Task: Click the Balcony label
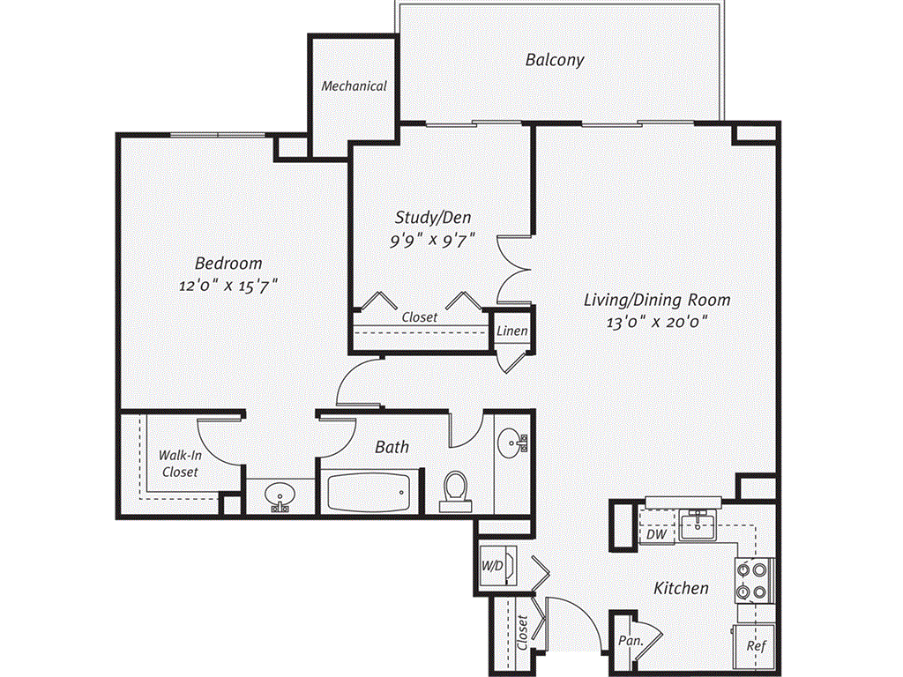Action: point(555,60)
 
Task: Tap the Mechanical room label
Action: point(354,86)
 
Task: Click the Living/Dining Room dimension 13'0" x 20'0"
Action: point(657,323)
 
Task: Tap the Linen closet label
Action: point(511,331)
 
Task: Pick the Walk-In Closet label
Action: point(178,464)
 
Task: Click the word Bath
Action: point(392,447)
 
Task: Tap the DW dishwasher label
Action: point(655,534)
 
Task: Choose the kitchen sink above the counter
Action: point(703,524)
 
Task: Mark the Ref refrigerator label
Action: point(756,645)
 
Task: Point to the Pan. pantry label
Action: point(629,641)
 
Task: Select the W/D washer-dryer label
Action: point(492,566)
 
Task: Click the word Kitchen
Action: point(681,588)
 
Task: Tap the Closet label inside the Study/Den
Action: point(419,317)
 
